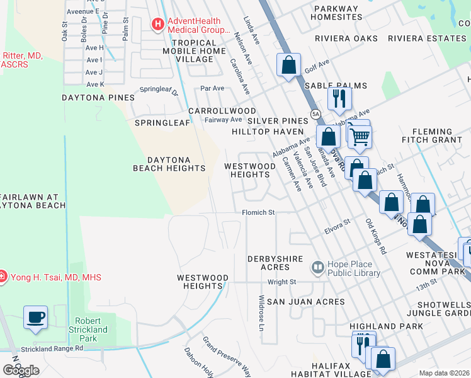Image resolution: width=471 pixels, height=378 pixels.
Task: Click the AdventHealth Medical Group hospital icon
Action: pos(157,25)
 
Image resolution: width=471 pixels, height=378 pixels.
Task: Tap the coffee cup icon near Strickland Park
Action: pos(36,316)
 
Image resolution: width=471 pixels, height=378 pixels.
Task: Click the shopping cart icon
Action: pos(359,135)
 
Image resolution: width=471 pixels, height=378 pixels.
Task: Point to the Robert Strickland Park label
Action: pos(88,329)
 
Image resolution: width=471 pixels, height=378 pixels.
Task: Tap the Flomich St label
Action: pos(259,213)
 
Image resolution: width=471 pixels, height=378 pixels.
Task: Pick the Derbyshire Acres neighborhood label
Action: pos(275,264)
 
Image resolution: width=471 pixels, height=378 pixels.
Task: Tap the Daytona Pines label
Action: pos(98,98)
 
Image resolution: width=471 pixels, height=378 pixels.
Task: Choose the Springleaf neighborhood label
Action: pos(162,122)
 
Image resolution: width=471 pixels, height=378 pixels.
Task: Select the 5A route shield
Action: pos(315,113)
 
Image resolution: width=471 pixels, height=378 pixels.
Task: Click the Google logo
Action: pos(21,370)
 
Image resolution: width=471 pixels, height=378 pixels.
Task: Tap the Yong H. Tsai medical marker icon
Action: pos(3,277)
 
